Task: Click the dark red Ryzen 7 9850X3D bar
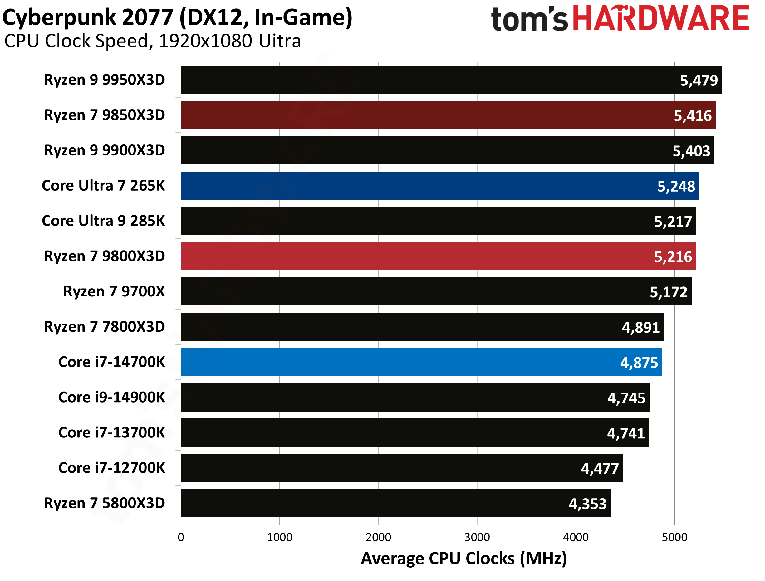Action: point(415,115)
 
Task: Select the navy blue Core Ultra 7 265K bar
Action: point(415,186)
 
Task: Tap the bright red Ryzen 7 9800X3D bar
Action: point(415,256)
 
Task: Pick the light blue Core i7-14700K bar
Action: point(415,362)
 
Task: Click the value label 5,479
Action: point(699,80)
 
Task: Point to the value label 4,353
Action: point(588,504)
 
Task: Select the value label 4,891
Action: point(640,327)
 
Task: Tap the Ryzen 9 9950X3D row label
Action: point(105,80)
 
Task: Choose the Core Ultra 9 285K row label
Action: point(103,221)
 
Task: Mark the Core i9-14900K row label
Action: point(112,397)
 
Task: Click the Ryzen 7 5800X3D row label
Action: point(105,503)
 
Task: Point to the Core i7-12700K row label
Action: point(112,468)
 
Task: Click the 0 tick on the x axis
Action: point(181,537)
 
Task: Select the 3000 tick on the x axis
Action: point(477,537)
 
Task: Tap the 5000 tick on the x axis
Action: point(674,537)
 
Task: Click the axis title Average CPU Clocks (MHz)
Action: point(463,559)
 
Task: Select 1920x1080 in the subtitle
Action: point(205,41)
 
